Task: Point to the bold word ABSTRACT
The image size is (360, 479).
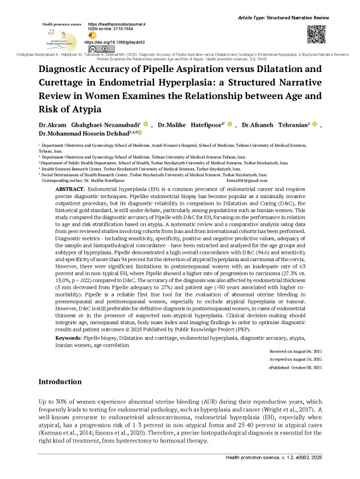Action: point(70,190)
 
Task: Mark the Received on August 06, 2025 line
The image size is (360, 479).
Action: point(296,350)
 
